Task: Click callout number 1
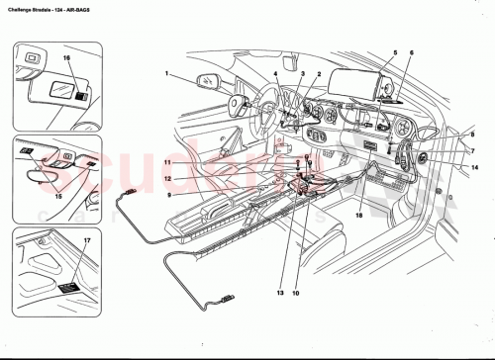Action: click(x=168, y=72)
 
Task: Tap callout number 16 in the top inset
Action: click(x=66, y=60)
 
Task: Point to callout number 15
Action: click(x=58, y=195)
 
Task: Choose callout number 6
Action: click(x=413, y=50)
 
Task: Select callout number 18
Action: click(x=358, y=214)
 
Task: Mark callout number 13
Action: click(x=280, y=295)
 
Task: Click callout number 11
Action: click(x=168, y=161)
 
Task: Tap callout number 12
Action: click(x=168, y=178)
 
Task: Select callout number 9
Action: click(x=168, y=194)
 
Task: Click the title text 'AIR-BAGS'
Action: click(x=102, y=7)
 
